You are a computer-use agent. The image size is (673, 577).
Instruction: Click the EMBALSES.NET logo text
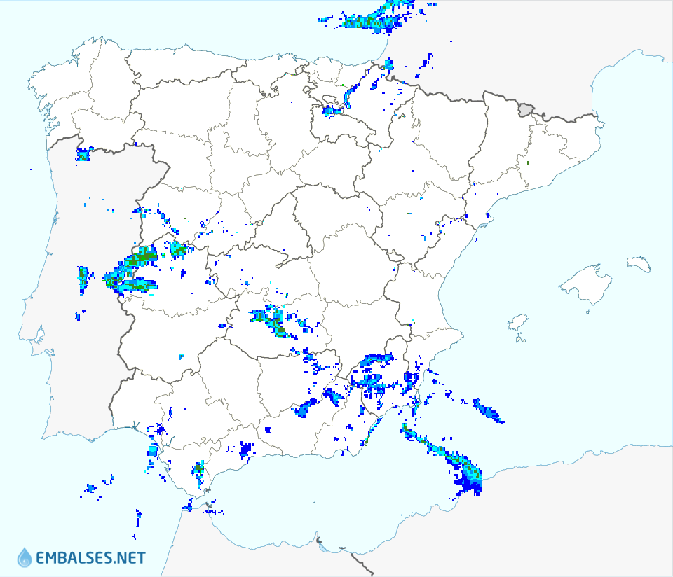coord(90,558)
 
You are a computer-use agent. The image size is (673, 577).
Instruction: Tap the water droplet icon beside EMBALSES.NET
coord(25,557)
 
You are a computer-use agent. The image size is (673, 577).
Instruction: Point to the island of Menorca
coord(638,263)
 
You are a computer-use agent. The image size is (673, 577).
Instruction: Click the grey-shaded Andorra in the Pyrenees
coord(526,109)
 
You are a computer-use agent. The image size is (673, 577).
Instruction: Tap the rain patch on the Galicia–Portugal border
coord(83,154)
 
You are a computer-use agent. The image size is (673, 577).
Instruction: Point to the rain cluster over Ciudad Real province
coord(272,321)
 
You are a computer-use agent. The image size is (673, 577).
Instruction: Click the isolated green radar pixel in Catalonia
coord(528,163)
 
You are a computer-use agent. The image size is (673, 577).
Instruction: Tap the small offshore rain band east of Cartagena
coord(489,411)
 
